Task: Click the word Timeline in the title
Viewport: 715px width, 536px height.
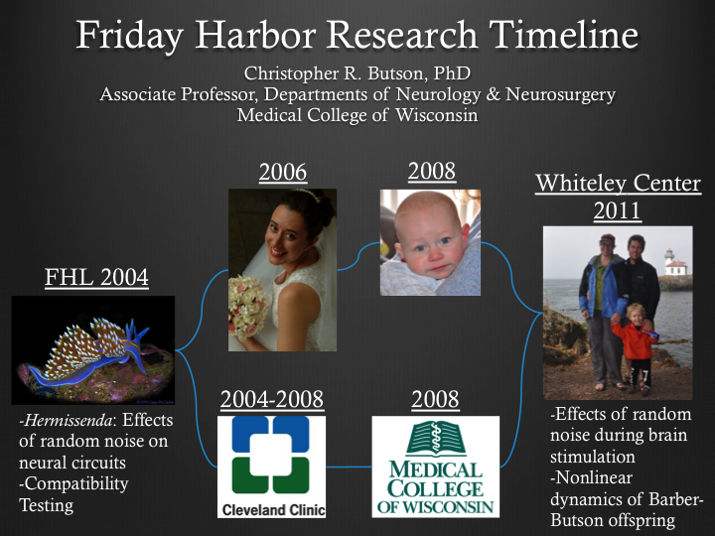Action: pos(564,35)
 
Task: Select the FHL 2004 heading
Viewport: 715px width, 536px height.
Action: pos(96,277)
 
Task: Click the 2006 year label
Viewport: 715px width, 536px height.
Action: pos(283,173)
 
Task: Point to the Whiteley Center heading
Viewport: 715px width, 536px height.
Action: pos(618,184)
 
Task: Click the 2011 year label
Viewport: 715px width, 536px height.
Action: pos(618,210)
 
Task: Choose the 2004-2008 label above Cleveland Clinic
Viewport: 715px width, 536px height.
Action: pos(272,399)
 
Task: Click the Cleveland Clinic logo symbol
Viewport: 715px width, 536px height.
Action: pos(271,455)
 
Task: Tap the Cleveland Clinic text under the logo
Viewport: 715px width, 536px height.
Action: pos(274,509)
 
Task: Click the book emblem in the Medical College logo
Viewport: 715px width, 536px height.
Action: pos(436,439)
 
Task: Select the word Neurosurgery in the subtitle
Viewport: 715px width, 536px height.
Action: pos(560,95)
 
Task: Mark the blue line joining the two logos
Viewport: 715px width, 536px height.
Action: pos(349,467)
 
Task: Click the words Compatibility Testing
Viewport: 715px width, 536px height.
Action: pos(73,494)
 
